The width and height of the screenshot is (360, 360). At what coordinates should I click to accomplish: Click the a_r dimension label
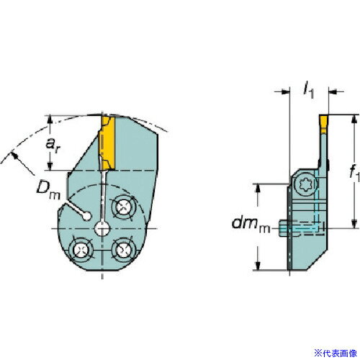(x=53, y=145)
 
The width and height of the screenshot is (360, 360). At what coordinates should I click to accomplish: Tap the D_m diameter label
(x=48, y=191)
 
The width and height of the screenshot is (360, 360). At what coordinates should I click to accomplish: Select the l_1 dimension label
(x=308, y=91)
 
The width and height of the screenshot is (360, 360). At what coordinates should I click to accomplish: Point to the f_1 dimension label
(x=355, y=172)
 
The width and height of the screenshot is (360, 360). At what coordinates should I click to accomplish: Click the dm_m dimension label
(x=251, y=225)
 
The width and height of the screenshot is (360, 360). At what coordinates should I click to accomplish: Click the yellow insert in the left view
(x=107, y=143)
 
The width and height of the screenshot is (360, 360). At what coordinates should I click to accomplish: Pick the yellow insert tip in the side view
(x=323, y=124)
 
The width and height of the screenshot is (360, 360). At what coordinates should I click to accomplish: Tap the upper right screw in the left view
(x=123, y=207)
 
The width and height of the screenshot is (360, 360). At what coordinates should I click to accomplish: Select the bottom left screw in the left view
(x=80, y=250)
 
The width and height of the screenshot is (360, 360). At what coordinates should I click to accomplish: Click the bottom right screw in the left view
(x=122, y=250)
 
